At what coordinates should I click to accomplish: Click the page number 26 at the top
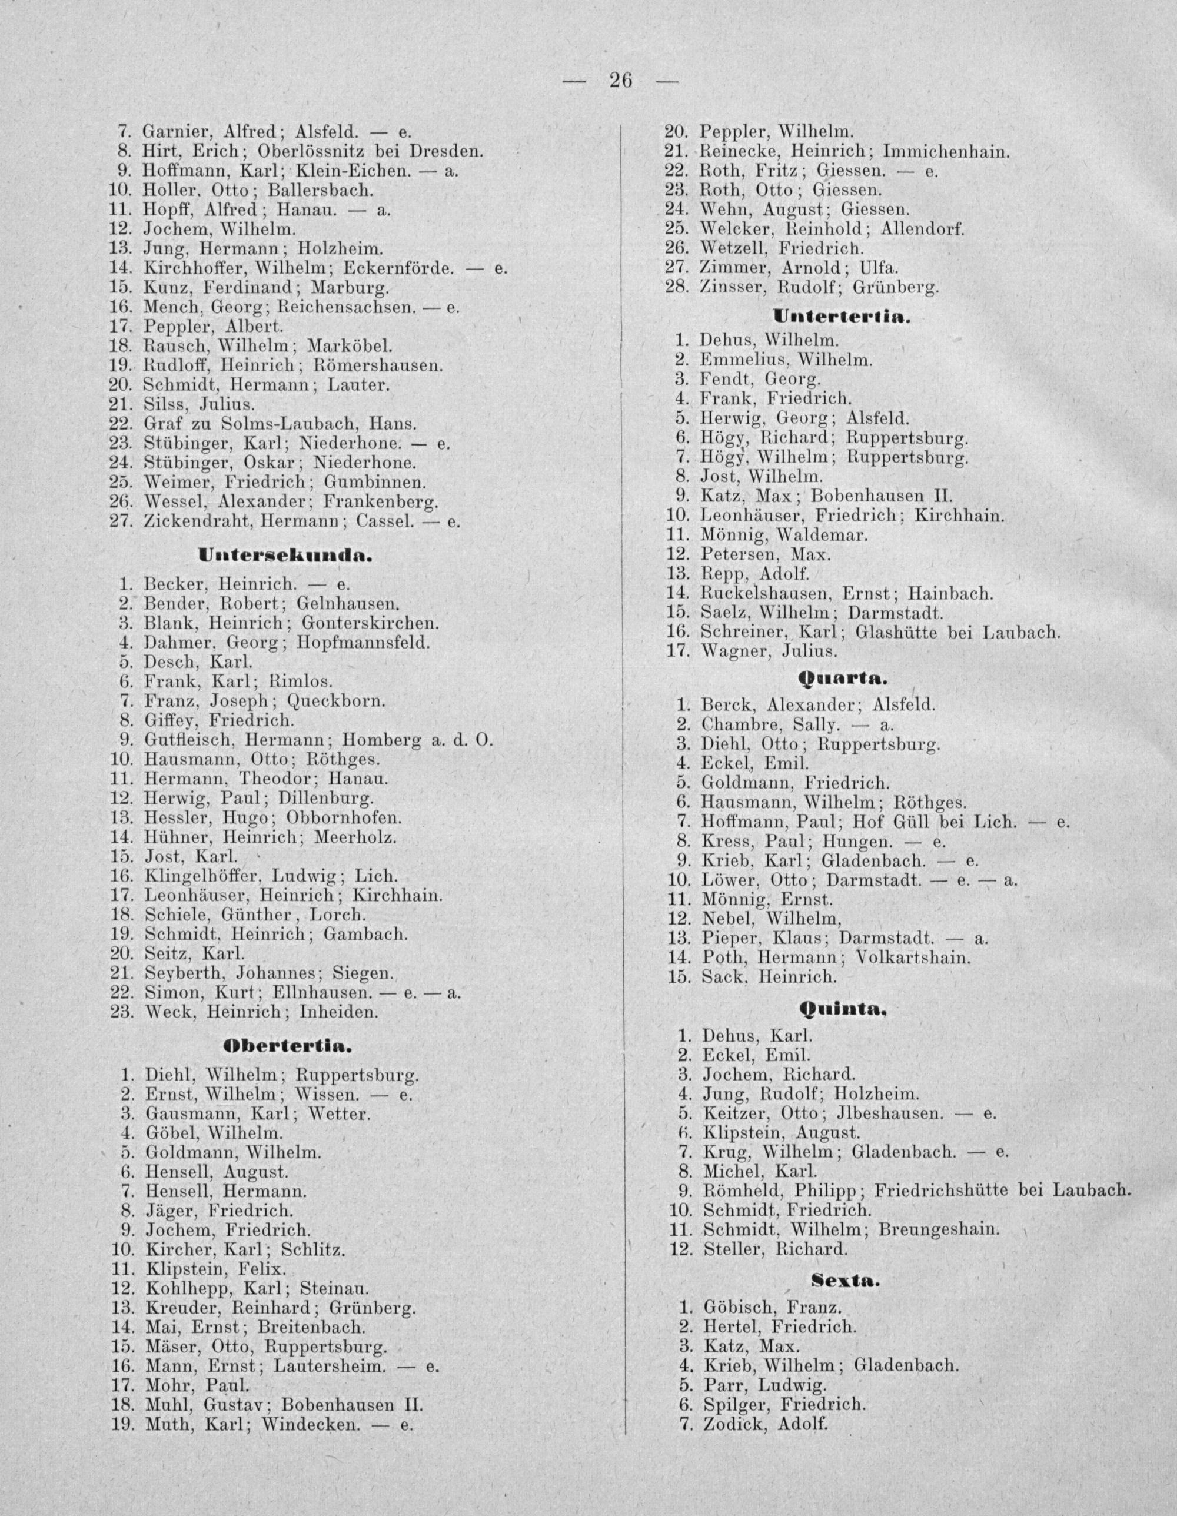[x=621, y=81]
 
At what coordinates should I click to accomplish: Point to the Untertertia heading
[x=840, y=318]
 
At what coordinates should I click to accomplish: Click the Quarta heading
[x=843, y=677]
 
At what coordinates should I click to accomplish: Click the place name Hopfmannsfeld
[x=363, y=643]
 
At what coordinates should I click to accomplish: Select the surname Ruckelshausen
[x=766, y=593]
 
